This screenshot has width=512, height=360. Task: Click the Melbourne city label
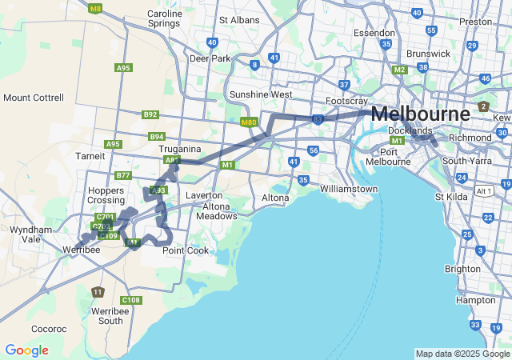tap(421, 114)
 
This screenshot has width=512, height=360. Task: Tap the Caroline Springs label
tap(164, 18)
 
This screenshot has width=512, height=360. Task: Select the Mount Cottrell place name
tap(34, 98)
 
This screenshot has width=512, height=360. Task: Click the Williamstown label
tap(348, 189)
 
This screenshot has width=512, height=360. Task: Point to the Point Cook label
tap(186, 250)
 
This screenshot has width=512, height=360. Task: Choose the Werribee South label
tap(107, 315)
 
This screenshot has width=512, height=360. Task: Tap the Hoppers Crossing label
tap(106, 195)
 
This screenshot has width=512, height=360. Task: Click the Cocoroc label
tap(49, 329)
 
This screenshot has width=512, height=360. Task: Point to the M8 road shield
tap(96, 9)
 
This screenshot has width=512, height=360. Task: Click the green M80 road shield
tap(248, 122)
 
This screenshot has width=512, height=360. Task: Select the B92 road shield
tap(150, 114)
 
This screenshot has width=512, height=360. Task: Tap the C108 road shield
tap(132, 300)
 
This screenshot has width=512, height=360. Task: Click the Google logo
tap(26, 350)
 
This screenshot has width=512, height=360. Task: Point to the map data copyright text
tap(462, 354)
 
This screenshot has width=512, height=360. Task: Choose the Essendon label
tap(374, 34)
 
